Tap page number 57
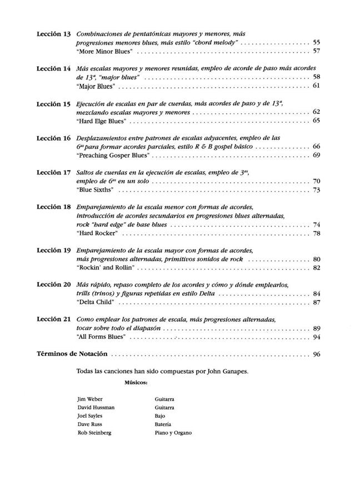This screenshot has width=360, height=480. (x=317, y=51)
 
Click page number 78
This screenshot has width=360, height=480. (x=317, y=233)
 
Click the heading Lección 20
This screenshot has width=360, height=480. (x=53, y=284)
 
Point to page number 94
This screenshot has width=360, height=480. (x=317, y=336)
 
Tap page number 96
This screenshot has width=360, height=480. (x=317, y=354)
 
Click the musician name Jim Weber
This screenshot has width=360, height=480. (x=90, y=399)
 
